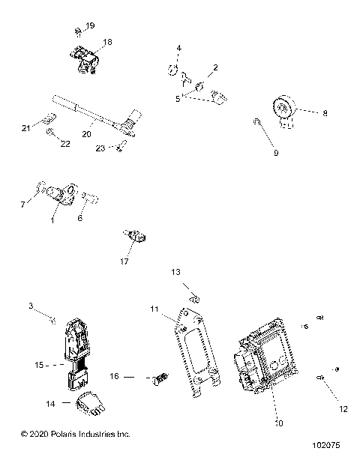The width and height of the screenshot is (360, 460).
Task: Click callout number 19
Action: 91,26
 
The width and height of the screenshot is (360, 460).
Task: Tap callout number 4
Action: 178,49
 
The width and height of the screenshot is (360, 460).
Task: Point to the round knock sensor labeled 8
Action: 284,110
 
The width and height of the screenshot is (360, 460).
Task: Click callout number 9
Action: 275,153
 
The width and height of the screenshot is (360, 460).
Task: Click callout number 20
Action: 86,135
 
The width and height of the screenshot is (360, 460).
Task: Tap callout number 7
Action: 22,204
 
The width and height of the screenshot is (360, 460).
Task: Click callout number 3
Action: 31,306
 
